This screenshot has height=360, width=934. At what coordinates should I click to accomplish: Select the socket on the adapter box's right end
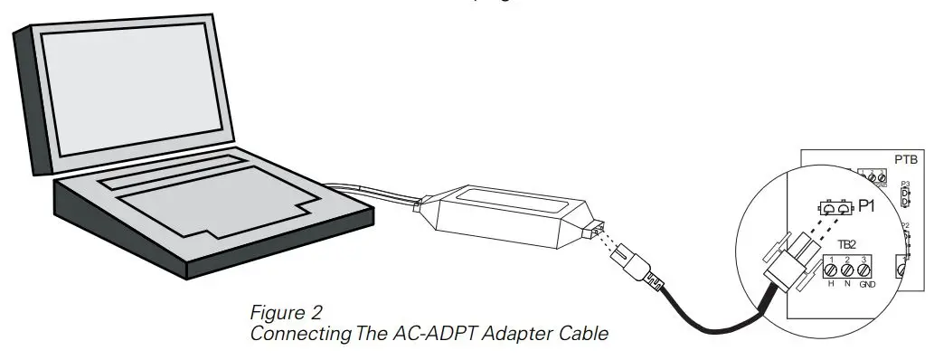coord(592,234)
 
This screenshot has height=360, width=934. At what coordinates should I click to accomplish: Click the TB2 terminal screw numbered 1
coord(832,270)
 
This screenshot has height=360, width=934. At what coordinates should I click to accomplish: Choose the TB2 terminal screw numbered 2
coord(848,270)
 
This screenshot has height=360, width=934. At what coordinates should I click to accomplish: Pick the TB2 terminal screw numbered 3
coord(864,270)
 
